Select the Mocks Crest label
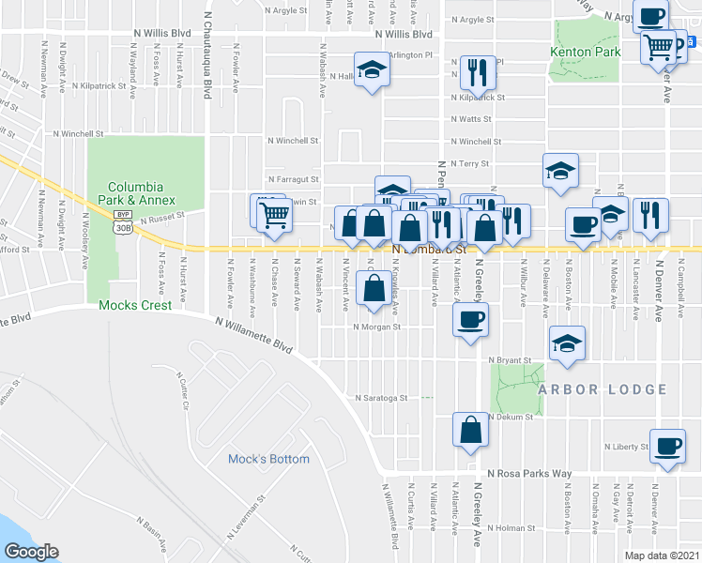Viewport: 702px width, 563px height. click(x=136, y=305)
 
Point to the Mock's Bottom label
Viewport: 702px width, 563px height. click(x=268, y=459)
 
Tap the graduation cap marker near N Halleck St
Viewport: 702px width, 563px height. click(x=373, y=70)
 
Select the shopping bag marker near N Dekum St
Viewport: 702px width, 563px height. click(x=470, y=429)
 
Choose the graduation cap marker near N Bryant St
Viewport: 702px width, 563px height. click(x=567, y=342)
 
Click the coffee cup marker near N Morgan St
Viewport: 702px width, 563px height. click(x=470, y=318)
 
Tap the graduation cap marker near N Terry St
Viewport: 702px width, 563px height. click(x=560, y=170)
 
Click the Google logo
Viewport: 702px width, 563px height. click(x=31, y=552)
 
